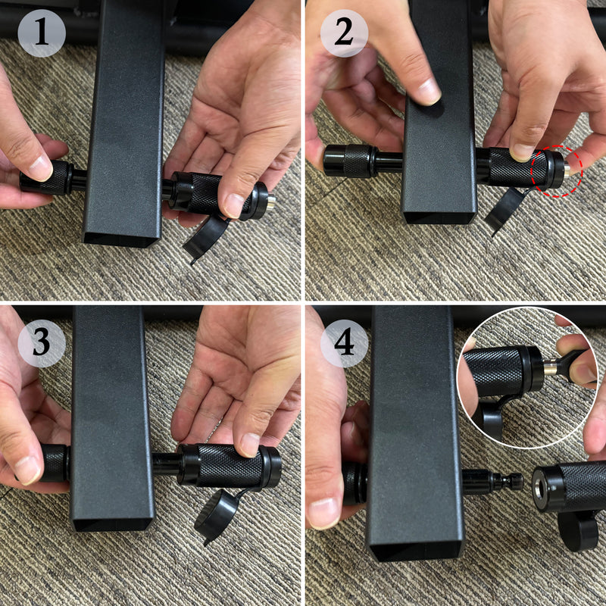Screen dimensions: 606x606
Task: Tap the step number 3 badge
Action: coord(42,342)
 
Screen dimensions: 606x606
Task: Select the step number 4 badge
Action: coord(344,342)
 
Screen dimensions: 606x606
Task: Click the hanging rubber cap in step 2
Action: coord(505,209)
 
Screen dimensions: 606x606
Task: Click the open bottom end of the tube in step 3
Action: coord(112,523)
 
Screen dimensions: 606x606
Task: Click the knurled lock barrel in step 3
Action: coord(227,464)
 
